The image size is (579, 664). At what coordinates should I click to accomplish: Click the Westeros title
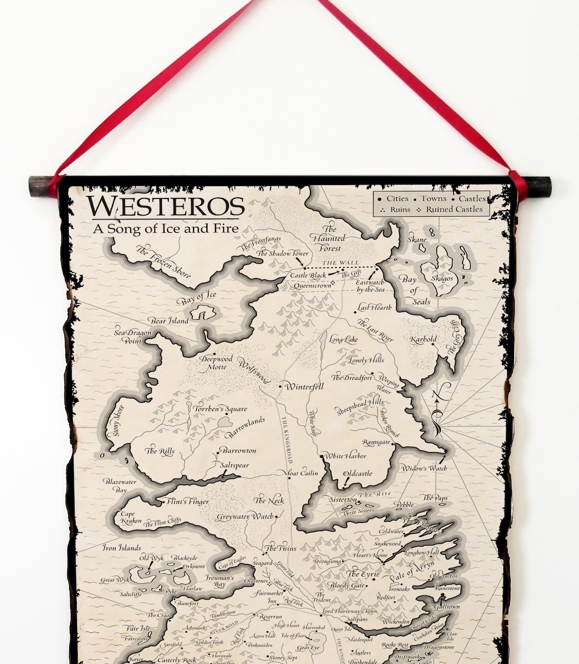[166, 206]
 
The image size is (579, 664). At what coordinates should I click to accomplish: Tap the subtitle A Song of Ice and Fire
[166, 228]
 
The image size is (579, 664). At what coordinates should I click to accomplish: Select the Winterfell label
[304, 386]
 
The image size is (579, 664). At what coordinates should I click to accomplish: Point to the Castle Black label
[308, 275]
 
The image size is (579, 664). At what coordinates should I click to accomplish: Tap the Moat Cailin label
[303, 473]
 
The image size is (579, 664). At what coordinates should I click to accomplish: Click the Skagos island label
[442, 278]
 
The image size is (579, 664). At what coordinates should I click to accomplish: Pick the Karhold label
[424, 339]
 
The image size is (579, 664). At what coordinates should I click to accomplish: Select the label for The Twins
[281, 548]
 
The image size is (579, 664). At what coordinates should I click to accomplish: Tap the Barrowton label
[239, 451]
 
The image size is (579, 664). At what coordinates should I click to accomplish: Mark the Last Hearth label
[375, 308]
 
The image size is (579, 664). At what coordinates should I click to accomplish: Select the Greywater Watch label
[244, 517]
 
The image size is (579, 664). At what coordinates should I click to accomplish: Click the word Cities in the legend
[397, 198]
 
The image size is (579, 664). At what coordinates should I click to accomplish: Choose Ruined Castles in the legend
[454, 209]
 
